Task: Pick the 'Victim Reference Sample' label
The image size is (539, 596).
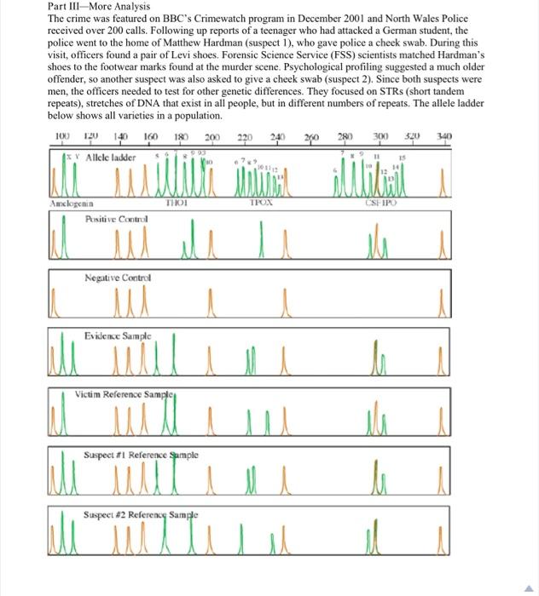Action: [x=129, y=394]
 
